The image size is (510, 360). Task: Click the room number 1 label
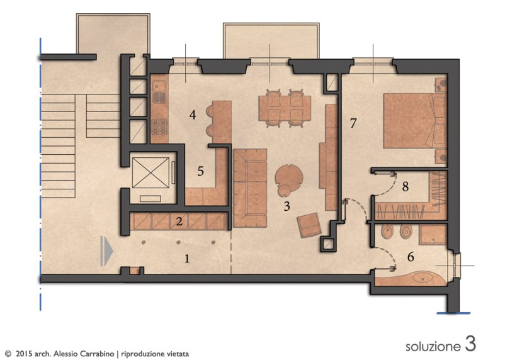tap(187, 259)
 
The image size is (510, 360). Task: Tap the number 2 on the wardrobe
tap(179, 222)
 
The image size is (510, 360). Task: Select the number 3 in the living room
tap(286, 206)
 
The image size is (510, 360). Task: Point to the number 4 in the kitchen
tap(193, 115)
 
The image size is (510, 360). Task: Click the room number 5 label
tap(200, 171)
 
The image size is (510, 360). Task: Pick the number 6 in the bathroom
tap(411, 257)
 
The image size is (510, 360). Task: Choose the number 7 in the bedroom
tap(353, 123)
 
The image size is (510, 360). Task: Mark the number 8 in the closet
tap(405, 187)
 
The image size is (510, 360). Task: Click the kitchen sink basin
tap(159, 86)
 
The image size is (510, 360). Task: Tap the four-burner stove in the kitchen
tap(159, 127)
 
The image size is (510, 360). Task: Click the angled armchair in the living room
tap(309, 225)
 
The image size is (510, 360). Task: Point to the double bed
tap(414, 121)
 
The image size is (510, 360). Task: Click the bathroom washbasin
tap(422, 279)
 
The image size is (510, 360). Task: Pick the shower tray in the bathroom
tap(433, 235)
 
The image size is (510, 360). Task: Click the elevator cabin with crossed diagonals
tap(150, 172)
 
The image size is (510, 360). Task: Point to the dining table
tap(285, 108)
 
